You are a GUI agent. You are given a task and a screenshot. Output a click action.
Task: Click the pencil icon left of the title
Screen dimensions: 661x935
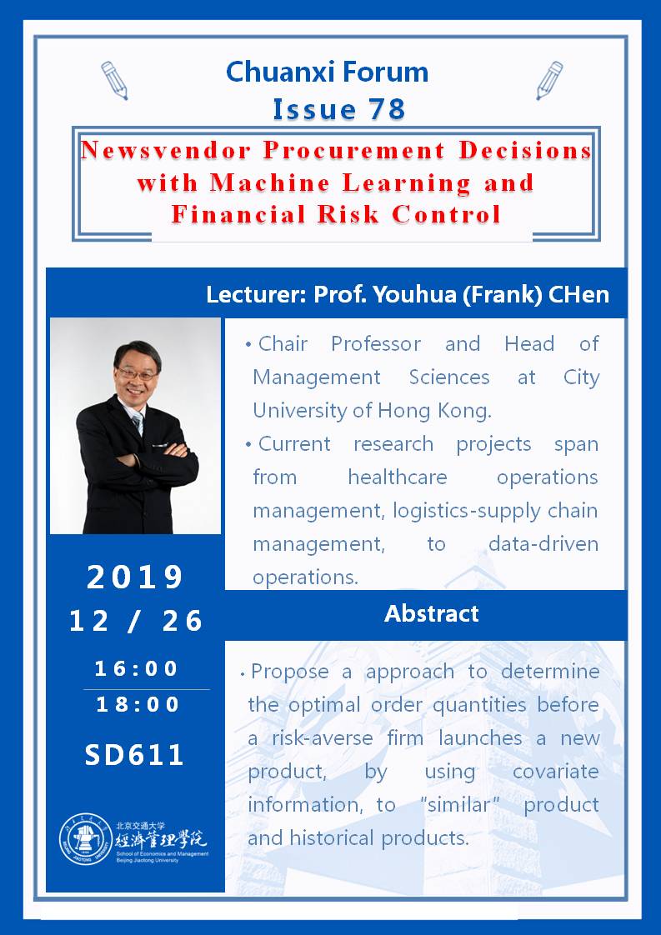pos(114,81)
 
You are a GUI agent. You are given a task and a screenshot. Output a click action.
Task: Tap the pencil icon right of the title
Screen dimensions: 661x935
pos(549,81)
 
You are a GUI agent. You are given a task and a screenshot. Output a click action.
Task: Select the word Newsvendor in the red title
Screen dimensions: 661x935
pos(165,150)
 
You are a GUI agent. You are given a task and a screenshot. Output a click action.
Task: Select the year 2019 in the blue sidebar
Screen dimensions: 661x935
pos(135,577)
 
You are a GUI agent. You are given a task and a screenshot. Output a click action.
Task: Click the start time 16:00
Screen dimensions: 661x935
pos(136,668)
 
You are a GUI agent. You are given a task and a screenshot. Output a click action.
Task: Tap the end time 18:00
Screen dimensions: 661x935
pos(138,705)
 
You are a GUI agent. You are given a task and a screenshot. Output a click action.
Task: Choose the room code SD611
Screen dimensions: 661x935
pos(134,755)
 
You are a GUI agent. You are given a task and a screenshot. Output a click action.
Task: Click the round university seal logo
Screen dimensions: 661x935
pos(86,840)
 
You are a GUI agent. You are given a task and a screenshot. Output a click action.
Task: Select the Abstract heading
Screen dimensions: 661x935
pos(431,614)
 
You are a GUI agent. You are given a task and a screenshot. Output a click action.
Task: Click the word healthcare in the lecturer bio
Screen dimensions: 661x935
pos(398,477)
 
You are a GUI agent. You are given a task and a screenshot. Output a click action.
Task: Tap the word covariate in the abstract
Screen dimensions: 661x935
pos(555,772)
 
